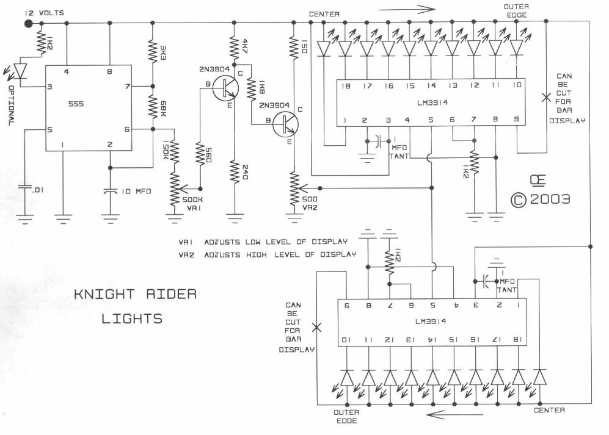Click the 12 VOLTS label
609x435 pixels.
pos(43,13)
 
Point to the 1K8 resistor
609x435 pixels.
pos(250,89)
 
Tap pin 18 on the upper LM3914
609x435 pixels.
pos(346,87)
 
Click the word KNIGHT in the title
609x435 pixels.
pos(101,295)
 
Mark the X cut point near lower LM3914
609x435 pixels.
pos(316,326)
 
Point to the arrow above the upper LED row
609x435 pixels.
pos(406,9)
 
